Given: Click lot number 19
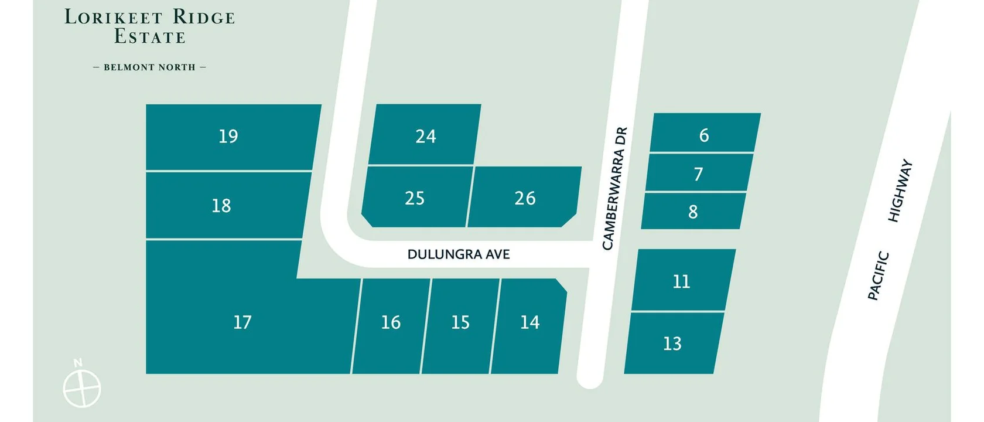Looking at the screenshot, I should point(228,137).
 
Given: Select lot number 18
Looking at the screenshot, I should point(221,206).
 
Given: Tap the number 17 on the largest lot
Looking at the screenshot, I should point(242,322).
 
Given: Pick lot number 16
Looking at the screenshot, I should point(391,322).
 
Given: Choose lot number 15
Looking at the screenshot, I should point(460,322).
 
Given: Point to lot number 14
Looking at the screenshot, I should point(529,322).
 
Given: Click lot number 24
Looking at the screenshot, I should point(426,137).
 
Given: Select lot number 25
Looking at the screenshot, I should point(415,198).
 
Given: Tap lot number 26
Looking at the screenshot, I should point(525,198).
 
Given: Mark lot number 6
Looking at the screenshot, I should point(704,135).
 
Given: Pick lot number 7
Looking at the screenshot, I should point(698,174).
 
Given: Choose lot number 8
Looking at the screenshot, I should point(693,212).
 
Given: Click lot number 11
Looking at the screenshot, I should point(681,281).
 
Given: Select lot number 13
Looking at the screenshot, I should point(672,343).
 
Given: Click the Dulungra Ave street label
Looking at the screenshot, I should point(459,254).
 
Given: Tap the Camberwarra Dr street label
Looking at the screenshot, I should point(614,188).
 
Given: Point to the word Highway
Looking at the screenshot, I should point(900,190).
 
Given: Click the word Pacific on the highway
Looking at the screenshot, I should point(879,276).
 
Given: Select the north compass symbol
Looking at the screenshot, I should point(82,387).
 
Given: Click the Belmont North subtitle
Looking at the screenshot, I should point(149,67).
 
